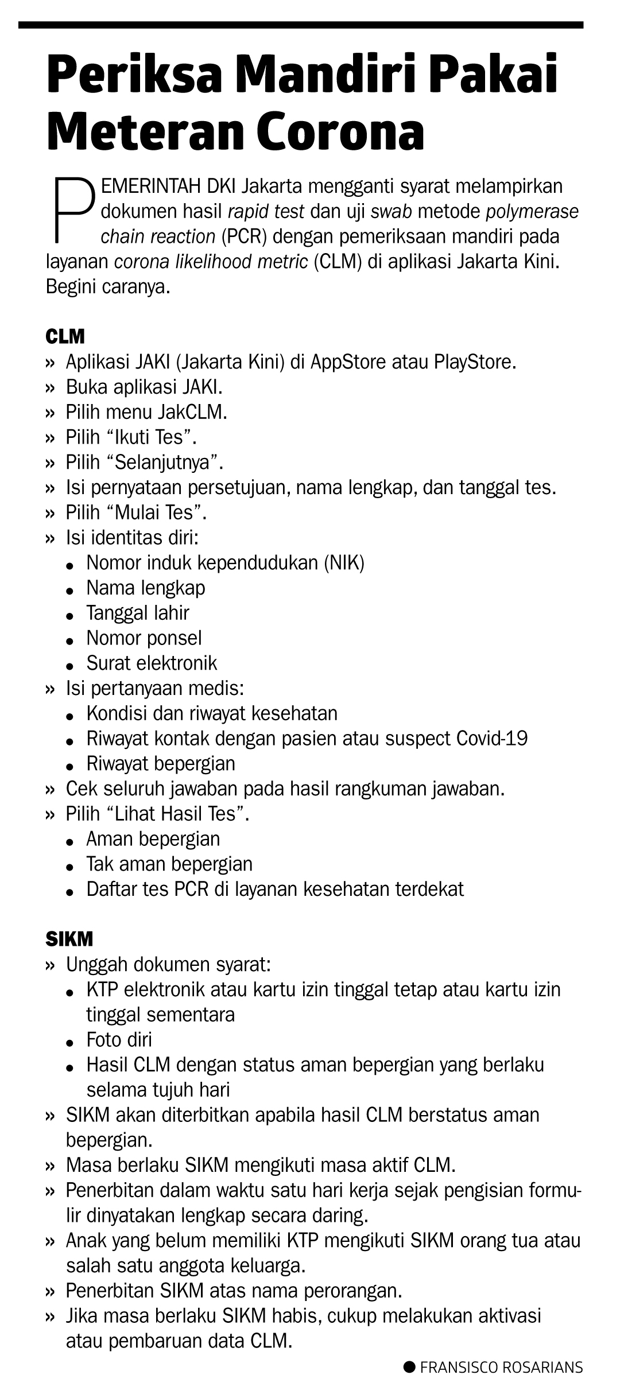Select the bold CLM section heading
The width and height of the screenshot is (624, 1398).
(x=65, y=336)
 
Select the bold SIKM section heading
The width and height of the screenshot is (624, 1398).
(x=69, y=939)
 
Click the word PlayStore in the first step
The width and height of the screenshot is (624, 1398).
(x=475, y=363)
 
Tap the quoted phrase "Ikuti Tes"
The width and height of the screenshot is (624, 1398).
(x=152, y=437)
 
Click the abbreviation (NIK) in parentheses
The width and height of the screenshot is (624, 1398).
(x=344, y=562)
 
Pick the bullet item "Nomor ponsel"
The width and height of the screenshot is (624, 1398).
(x=144, y=638)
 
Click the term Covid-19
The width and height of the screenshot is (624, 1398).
(x=492, y=738)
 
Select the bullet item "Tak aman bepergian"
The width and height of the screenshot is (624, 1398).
(x=169, y=864)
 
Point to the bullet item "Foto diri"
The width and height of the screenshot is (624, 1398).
(x=119, y=1040)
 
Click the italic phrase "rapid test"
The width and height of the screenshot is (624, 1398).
(x=266, y=212)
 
